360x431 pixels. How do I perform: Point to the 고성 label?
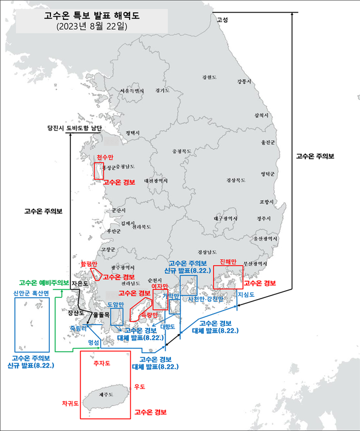[x=222, y=20]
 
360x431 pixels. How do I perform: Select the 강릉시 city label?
[x=245, y=81]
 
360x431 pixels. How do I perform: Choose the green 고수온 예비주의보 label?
[x=44, y=283]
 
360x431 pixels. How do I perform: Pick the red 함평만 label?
[x=88, y=263]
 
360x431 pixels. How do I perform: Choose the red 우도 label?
[x=140, y=387]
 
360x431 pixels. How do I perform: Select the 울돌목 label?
[x=100, y=314]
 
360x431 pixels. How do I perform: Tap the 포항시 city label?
[x=265, y=201]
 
